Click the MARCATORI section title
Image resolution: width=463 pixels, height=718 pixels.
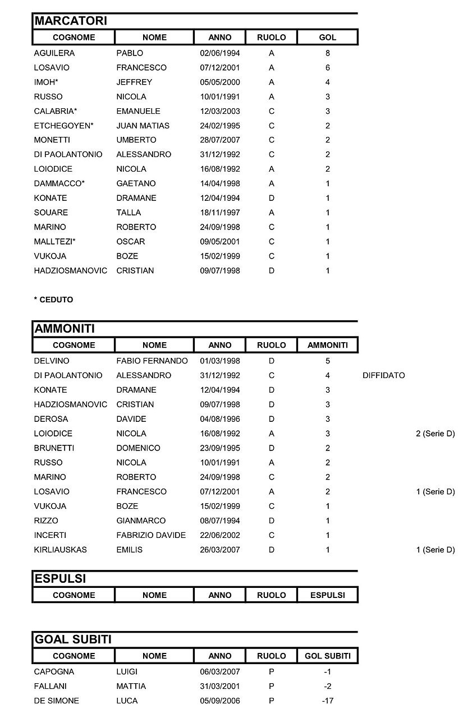[71, 21]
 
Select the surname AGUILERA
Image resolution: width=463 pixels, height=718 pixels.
[54, 53]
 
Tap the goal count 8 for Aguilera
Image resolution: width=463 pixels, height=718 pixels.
[328, 53]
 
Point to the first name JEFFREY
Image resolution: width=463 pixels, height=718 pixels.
[134, 82]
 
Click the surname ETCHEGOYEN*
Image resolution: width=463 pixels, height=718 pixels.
[64, 126]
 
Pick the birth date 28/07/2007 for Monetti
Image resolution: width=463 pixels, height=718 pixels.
[219, 140]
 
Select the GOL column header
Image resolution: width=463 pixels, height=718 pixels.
[328, 38]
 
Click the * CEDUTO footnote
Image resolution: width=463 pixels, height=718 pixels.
[53, 300]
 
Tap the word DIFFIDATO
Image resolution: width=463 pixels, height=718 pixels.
[384, 375]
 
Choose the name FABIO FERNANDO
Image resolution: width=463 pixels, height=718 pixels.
[152, 361]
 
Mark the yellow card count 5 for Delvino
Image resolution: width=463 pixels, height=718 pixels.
[328, 361]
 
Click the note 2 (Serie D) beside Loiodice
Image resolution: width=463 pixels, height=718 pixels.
[435, 434]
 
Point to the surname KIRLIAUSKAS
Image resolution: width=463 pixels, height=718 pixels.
[61, 550]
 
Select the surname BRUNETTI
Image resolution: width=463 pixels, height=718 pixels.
[54, 448]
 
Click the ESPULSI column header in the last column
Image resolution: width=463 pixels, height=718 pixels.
[328, 595]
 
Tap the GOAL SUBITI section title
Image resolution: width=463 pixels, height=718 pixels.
[73, 639]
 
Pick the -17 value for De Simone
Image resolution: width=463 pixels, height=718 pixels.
[328, 701]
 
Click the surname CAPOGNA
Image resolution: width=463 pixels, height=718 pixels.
[54, 671]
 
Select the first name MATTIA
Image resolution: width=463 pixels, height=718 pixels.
[131, 686]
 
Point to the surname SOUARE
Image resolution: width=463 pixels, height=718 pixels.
[51, 213]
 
